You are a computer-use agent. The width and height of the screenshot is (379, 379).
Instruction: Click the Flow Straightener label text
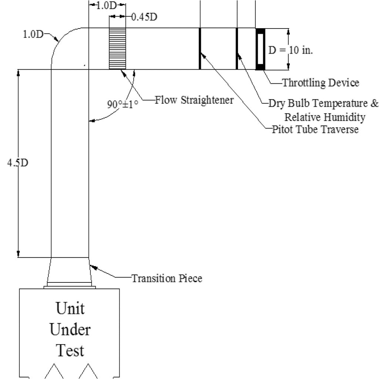[x=194, y=100]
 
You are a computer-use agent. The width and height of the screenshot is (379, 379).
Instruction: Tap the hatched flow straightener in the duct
[x=117, y=48]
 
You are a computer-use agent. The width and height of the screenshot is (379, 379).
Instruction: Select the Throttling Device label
[x=321, y=83]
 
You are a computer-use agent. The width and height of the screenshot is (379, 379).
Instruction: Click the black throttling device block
[x=260, y=48]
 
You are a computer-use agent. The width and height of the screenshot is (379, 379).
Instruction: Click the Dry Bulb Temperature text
[x=323, y=103]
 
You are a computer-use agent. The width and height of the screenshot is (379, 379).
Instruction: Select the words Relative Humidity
[x=325, y=117]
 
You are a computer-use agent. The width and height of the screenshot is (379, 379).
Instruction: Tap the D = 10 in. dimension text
[x=291, y=50]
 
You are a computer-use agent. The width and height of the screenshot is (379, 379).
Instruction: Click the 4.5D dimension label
[x=17, y=163]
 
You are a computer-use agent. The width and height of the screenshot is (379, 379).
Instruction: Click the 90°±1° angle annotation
[x=123, y=104]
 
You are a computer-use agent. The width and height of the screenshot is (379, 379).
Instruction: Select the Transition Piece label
[x=167, y=278]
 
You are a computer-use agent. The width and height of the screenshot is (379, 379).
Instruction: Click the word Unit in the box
[x=70, y=308]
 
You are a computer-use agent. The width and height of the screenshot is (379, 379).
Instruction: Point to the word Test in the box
[x=70, y=350]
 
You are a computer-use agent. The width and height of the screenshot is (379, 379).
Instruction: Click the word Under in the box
[x=70, y=329]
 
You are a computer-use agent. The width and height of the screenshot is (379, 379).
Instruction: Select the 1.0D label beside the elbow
[x=33, y=35]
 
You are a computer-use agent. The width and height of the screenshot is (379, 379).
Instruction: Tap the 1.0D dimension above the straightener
[x=107, y=6]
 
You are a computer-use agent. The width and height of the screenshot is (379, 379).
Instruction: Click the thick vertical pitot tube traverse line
[x=200, y=48]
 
